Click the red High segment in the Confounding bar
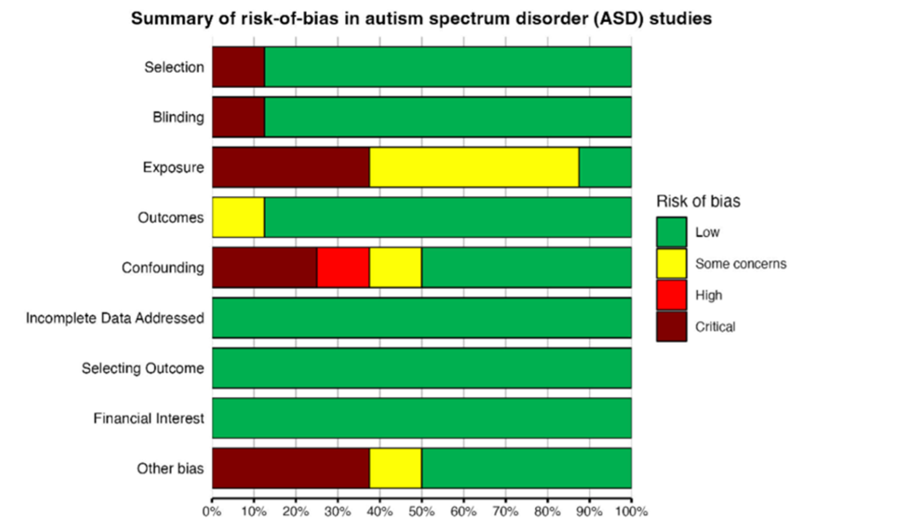[x=343, y=268]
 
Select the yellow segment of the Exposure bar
[x=474, y=167]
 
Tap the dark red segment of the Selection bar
[x=238, y=67]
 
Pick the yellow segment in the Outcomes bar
[x=238, y=217]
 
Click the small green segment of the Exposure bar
[x=605, y=167]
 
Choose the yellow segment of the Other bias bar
[x=395, y=468]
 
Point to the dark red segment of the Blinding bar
[x=238, y=117]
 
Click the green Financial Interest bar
[x=422, y=418]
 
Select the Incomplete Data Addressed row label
[x=115, y=318]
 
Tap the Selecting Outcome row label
[x=142, y=368]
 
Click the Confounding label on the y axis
[x=163, y=268]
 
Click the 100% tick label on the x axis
[x=631, y=511]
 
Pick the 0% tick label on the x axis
[x=212, y=511]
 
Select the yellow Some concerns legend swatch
[x=672, y=263]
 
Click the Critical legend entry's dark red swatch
[x=672, y=327]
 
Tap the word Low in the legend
[x=707, y=232]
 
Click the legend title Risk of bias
[x=698, y=201]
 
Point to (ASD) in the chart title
[x=619, y=19]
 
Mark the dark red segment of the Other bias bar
[x=291, y=468]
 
